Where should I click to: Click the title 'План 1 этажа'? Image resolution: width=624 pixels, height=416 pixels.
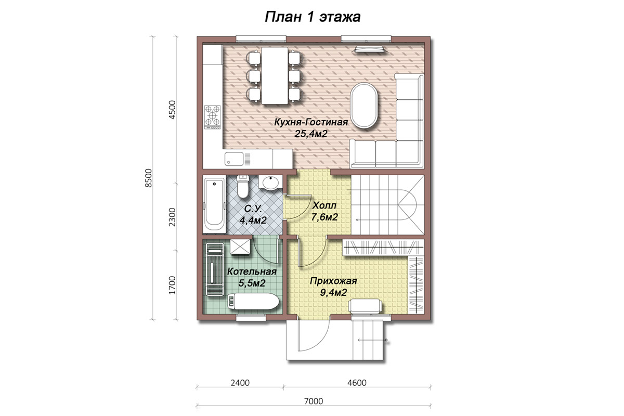(x=313, y=17)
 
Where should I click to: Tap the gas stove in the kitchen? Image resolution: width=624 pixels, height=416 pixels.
(x=213, y=117)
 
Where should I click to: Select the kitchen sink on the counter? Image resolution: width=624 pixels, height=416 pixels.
(x=235, y=159)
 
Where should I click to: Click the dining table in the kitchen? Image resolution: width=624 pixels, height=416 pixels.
(x=275, y=75)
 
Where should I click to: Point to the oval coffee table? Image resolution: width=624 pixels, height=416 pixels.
(x=364, y=106)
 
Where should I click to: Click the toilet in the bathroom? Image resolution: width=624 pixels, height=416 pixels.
(x=243, y=186)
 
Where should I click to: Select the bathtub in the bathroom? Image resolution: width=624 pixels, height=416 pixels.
(x=214, y=204)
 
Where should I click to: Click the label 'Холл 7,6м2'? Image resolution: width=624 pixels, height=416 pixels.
(x=324, y=211)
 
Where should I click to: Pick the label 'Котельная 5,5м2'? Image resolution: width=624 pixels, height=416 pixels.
(x=252, y=277)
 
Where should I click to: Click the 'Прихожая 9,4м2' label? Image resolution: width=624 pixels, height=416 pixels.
(x=333, y=287)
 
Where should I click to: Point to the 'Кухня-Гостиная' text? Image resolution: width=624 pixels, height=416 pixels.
(x=311, y=122)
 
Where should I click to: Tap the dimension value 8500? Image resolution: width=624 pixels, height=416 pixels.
(x=149, y=178)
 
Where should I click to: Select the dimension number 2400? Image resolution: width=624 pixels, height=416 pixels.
(x=240, y=383)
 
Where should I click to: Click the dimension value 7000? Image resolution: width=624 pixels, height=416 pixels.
(x=314, y=401)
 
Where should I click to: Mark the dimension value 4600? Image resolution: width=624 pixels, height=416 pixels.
(x=357, y=383)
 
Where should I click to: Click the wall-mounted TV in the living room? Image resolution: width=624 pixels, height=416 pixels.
(x=370, y=49)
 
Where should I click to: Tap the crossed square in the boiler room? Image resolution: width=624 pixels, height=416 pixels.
(x=240, y=246)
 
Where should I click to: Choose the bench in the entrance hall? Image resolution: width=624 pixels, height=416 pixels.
(x=365, y=306)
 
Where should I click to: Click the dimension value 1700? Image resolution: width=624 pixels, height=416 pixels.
(x=173, y=285)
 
